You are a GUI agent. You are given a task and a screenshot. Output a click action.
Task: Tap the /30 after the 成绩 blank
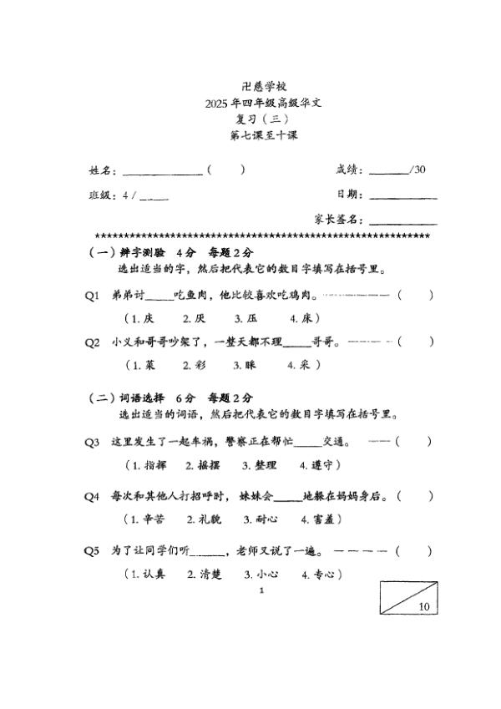tap(418, 170)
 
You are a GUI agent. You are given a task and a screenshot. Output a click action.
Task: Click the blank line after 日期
tap(402, 197)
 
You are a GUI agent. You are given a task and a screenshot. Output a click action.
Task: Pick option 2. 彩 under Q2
tap(194, 365)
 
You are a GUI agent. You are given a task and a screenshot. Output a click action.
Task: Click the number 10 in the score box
tap(424, 607)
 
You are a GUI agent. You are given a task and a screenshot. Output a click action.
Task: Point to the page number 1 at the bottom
tap(262, 590)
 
